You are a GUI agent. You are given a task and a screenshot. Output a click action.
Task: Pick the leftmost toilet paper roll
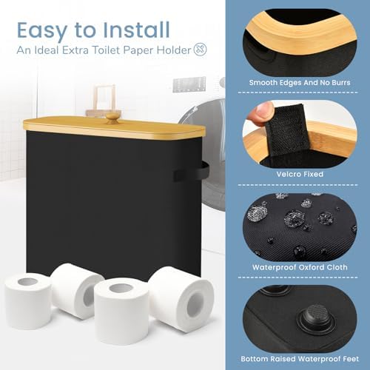(x=28, y=300)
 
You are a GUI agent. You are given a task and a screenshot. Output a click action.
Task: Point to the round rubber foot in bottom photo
(x=306, y=318)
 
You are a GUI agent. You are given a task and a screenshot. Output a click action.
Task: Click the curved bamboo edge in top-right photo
(x=296, y=37)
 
